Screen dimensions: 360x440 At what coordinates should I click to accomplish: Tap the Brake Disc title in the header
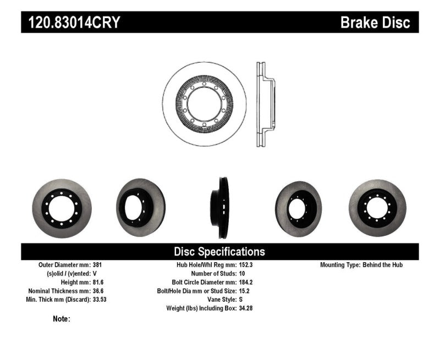click(375, 23)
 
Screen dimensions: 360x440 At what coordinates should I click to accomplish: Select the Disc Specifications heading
click(219, 252)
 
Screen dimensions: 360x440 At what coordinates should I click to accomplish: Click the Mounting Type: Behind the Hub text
click(361, 264)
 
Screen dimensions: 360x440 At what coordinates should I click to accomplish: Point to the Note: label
click(62, 319)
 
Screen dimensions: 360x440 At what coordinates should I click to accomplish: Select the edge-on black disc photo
click(223, 208)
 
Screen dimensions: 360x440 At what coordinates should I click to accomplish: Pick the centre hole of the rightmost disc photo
click(377, 208)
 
